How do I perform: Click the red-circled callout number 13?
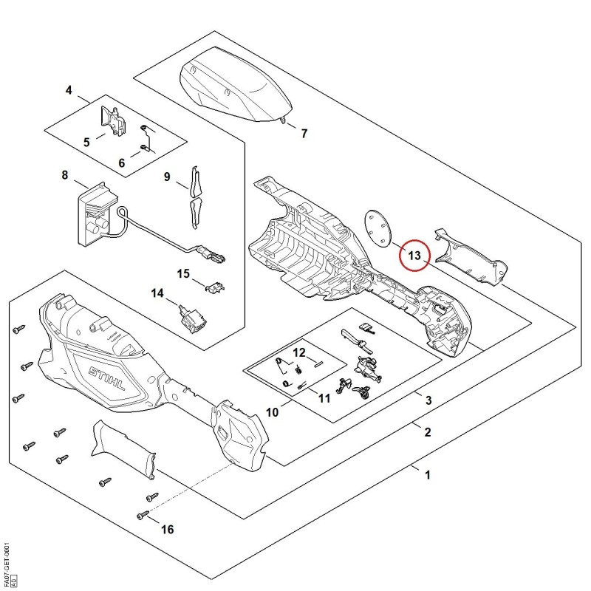[x=414, y=256]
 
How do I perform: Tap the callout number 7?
[x=304, y=134]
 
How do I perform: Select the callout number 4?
[x=69, y=90]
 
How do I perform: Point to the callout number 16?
[x=168, y=530]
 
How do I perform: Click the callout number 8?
[x=65, y=175]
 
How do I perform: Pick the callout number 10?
[x=272, y=412]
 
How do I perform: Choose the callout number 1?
[x=428, y=475]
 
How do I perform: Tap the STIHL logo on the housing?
[x=106, y=378]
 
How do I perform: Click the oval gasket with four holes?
[x=378, y=228]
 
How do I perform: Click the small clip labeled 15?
[x=215, y=287]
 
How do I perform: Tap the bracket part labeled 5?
[x=113, y=120]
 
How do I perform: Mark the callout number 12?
[x=299, y=353]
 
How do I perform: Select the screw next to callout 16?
[x=143, y=514]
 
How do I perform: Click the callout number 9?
[x=167, y=177]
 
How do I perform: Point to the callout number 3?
[x=428, y=400]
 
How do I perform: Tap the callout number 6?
[x=121, y=163]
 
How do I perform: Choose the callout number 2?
[x=428, y=432]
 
